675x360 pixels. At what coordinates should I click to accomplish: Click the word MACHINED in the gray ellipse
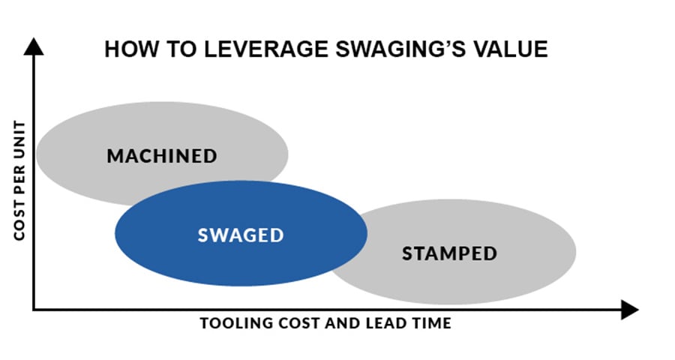point(162,156)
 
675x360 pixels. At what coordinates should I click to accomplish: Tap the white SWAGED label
point(241,235)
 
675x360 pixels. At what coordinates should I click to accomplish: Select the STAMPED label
point(449,253)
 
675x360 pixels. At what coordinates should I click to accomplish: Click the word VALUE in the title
point(510,49)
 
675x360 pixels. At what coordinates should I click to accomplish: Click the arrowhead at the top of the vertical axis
point(34,46)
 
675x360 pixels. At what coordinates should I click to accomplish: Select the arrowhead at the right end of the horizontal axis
point(629,310)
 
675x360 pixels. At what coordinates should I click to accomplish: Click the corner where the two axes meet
point(34,310)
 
